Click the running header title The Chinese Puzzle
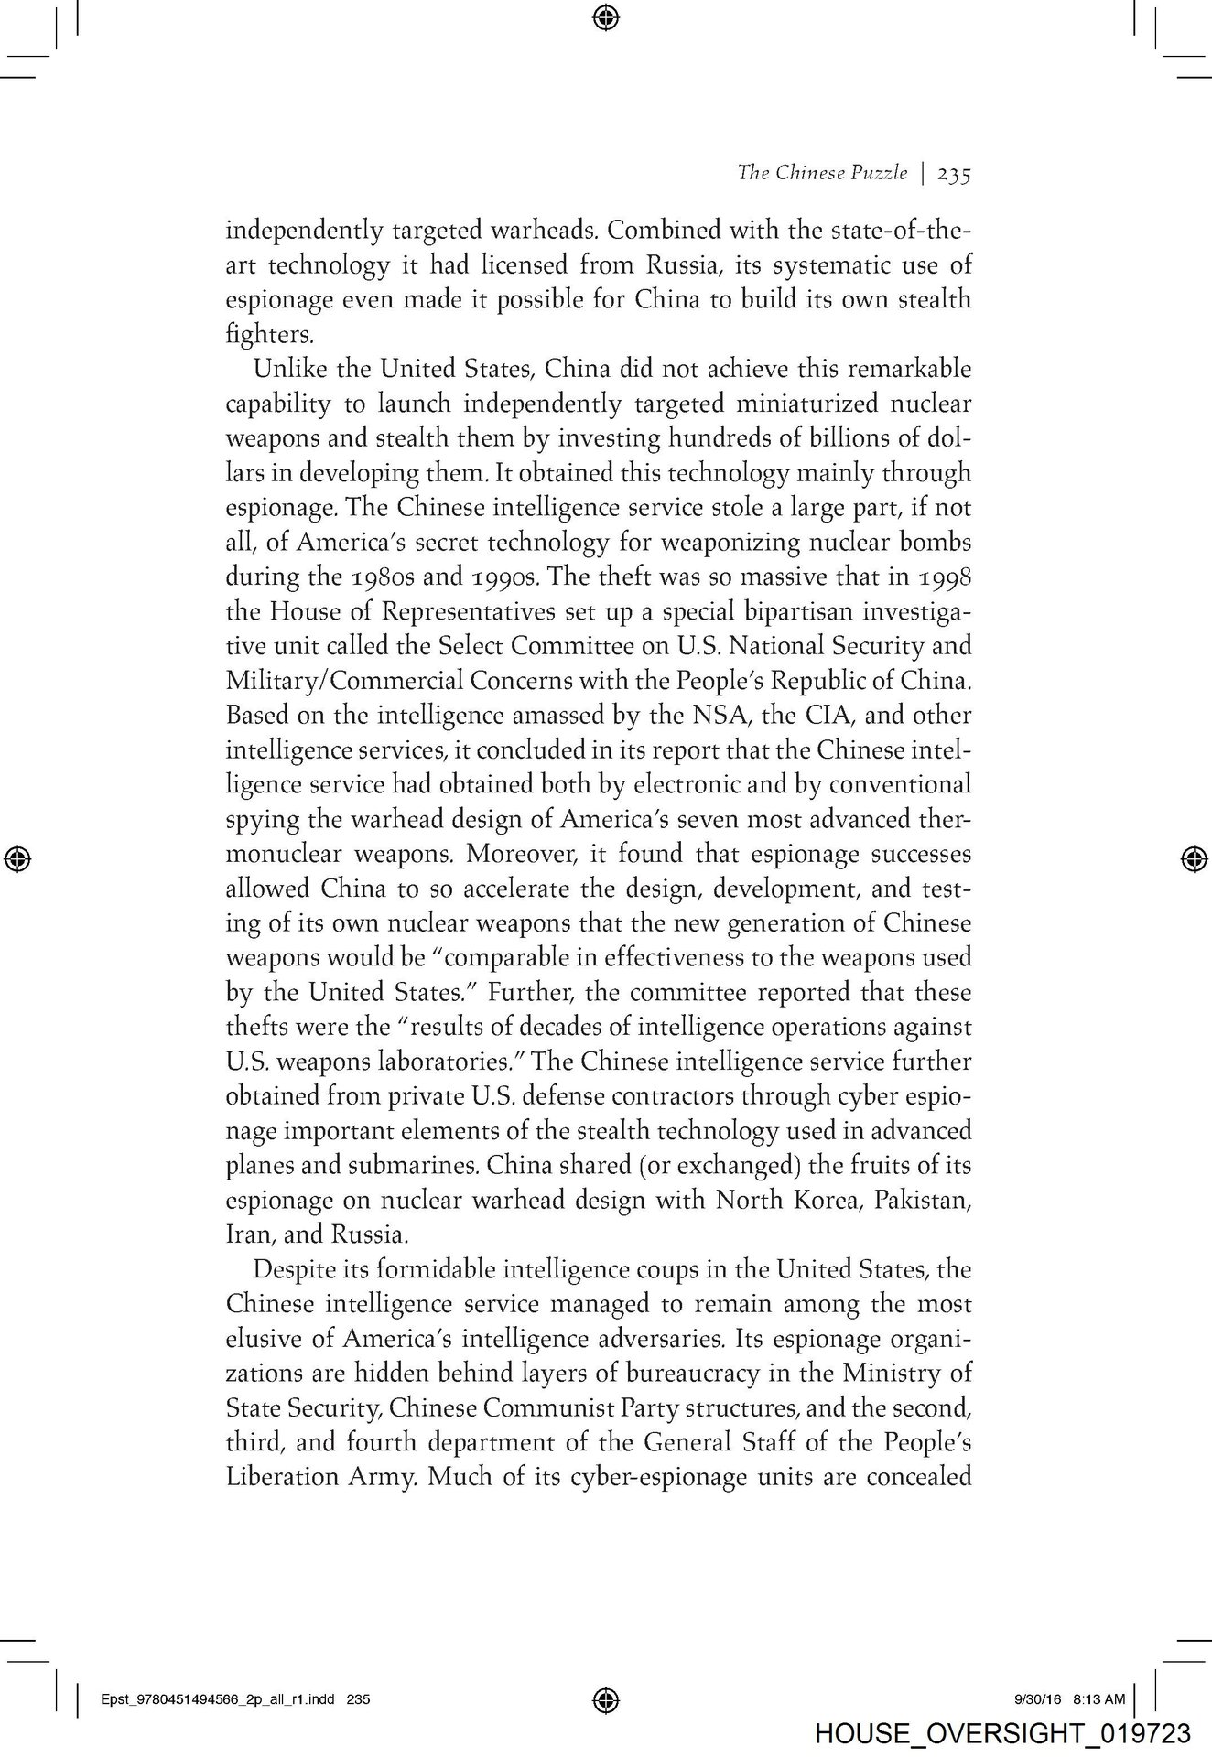click(x=822, y=173)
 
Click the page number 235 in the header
click(x=953, y=174)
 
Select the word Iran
click(x=244, y=1234)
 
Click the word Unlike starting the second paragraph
click(x=286, y=370)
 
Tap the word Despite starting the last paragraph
click(x=291, y=1270)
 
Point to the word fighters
click(x=270, y=335)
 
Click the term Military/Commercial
click(x=343, y=682)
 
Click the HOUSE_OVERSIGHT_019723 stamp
click(x=1001, y=1733)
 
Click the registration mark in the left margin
click(x=17, y=857)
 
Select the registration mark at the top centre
click(x=605, y=16)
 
